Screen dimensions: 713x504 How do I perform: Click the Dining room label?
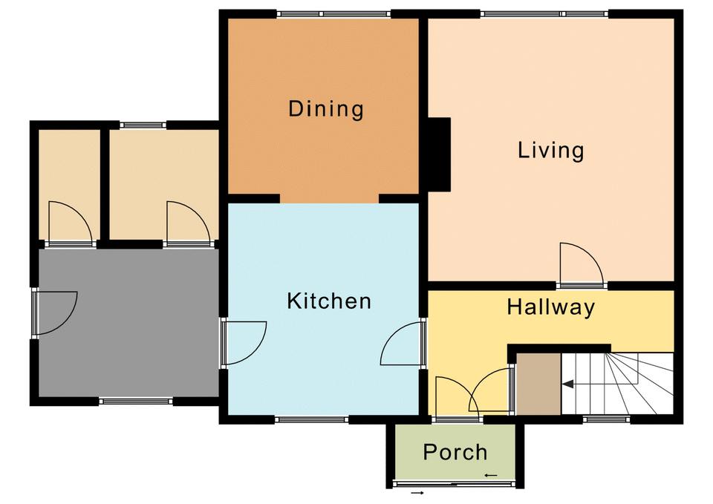click(326, 109)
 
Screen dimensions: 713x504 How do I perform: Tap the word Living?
click(550, 151)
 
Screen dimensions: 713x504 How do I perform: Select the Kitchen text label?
click(329, 301)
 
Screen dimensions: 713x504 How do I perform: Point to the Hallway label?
click(550, 307)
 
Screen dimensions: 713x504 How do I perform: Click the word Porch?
click(455, 452)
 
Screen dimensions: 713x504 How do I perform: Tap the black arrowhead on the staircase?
click(567, 384)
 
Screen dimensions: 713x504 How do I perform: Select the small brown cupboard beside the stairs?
click(538, 384)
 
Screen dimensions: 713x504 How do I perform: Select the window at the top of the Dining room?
click(333, 14)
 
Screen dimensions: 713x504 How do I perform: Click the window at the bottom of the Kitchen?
click(311, 419)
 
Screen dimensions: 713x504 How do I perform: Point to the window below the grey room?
click(136, 402)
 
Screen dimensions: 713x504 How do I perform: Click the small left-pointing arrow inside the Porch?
click(491, 475)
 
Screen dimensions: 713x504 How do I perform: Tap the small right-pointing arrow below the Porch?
click(417, 493)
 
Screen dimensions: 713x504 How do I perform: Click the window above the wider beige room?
click(143, 125)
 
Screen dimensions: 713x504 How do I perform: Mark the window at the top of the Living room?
click(544, 14)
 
